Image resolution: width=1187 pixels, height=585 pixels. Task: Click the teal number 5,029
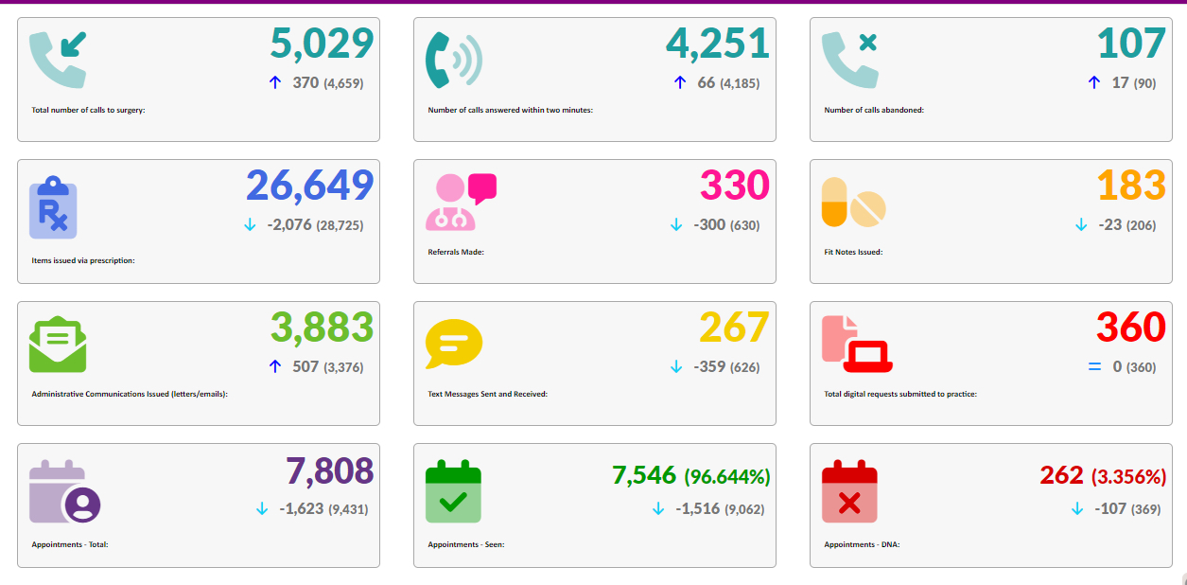pyautogui.click(x=322, y=44)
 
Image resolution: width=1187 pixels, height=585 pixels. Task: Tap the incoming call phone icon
pyautogui.click(x=57, y=59)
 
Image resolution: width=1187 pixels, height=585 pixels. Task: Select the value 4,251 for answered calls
pyautogui.click(x=718, y=44)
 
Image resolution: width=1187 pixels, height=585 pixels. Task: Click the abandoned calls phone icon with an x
pyautogui.click(x=849, y=59)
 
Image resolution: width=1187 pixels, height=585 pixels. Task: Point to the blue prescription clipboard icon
pyautogui.click(x=53, y=207)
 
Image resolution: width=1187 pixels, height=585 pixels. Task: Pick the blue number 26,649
pyautogui.click(x=310, y=186)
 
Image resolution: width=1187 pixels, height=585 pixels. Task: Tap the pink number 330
pyautogui.click(x=735, y=186)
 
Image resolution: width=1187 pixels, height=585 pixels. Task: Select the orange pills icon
pyautogui.click(x=854, y=202)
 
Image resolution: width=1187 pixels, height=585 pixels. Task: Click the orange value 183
pyautogui.click(x=1131, y=186)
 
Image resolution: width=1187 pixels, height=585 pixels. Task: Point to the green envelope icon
pyautogui.click(x=57, y=345)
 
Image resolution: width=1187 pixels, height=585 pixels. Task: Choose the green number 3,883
pyautogui.click(x=322, y=328)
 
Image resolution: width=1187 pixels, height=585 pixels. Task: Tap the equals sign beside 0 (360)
pyautogui.click(x=1094, y=366)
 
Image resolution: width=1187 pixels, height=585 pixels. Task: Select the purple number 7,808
pyautogui.click(x=329, y=470)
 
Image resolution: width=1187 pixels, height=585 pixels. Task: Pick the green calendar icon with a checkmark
pyautogui.click(x=453, y=491)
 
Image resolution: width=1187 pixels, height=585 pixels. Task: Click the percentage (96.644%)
pyautogui.click(x=727, y=476)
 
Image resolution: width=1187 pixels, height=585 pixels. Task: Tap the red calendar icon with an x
pyautogui.click(x=849, y=491)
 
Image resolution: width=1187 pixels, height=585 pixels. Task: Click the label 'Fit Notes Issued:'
pyautogui.click(x=853, y=252)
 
